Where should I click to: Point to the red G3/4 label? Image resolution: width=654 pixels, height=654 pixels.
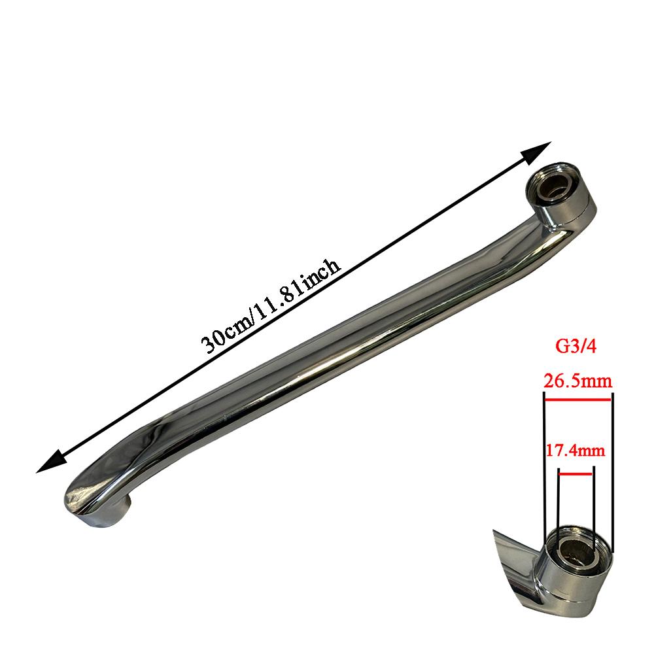(x=576, y=347)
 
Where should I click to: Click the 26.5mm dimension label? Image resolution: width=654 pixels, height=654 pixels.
(x=577, y=381)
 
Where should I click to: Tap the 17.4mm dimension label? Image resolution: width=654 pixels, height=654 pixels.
(x=576, y=451)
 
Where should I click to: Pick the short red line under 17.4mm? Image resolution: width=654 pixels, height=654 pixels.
(x=576, y=473)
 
